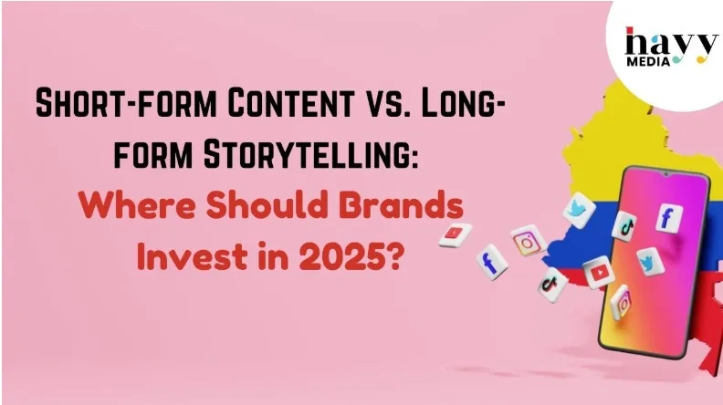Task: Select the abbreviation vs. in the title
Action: [x=387, y=103]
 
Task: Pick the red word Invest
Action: [x=192, y=256]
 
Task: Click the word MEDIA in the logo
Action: [x=648, y=61]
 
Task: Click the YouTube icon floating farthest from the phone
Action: [x=456, y=234]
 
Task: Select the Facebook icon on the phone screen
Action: [x=668, y=217]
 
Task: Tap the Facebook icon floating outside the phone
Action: [x=491, y=262]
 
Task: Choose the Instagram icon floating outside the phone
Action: [x=529, y=240]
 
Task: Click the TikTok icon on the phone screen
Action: [x=624, y=226]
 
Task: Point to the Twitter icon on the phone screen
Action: [x=650, y=261]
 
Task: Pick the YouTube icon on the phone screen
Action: [x=599, y=273]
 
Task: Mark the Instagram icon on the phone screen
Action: [x=620, y=303]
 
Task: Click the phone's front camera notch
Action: [x=665, y=174]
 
